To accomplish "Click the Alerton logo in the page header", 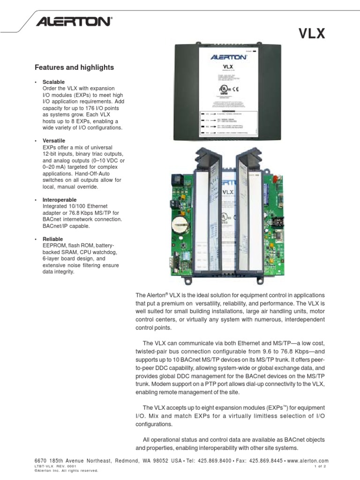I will click(75, 21).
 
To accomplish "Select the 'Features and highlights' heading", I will click(74, 67).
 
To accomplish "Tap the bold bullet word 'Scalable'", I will click(53, 82).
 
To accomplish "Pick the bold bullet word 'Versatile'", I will click(53, 141).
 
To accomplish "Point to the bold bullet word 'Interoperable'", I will click(59, 200).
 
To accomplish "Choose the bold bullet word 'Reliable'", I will click(52, 239).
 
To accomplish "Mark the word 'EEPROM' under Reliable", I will click(53, 246).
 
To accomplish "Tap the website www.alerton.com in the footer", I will click(307, 461).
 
